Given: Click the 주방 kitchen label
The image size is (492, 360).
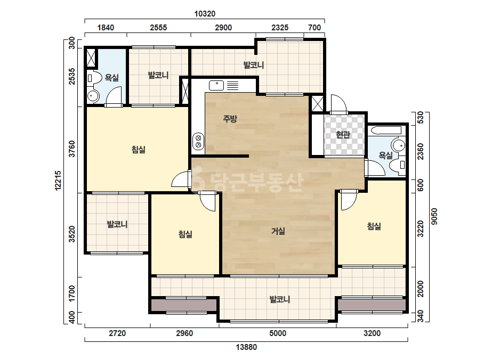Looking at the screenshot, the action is [x=230, y=119].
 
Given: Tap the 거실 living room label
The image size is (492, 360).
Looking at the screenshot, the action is [x=278, y=231].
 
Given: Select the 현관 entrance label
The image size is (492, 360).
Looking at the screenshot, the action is [x=343, y=135].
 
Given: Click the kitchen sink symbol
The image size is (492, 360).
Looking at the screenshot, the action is [x=216, y=85].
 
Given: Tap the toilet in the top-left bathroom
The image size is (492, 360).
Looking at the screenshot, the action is [x=94, y=78].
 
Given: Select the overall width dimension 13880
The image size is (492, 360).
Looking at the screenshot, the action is [x=246, y=347].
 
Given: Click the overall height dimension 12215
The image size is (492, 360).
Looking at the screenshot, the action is [x=58, y=181].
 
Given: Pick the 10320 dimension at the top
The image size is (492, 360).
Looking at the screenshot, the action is [x=205, y=14].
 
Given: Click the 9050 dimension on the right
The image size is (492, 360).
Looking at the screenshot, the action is [x=434, y=217].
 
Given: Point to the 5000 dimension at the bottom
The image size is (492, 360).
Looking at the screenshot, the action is [x=278, y=333].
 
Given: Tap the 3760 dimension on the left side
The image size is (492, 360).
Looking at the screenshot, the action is [x=72, y=149].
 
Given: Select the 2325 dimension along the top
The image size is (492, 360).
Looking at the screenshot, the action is [x=279, y=28].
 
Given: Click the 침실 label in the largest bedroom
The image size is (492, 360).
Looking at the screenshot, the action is [x=139, y=149].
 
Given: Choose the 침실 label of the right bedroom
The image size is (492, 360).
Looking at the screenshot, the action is [x=374, y=226].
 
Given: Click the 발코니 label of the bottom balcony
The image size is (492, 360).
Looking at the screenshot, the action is [x=279, y=299].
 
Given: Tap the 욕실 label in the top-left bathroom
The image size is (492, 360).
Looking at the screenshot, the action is [x=112, y=77].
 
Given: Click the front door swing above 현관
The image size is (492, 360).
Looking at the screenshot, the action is [x=338, y=104].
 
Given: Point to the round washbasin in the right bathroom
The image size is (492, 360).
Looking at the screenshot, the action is [x=398, y=146].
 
